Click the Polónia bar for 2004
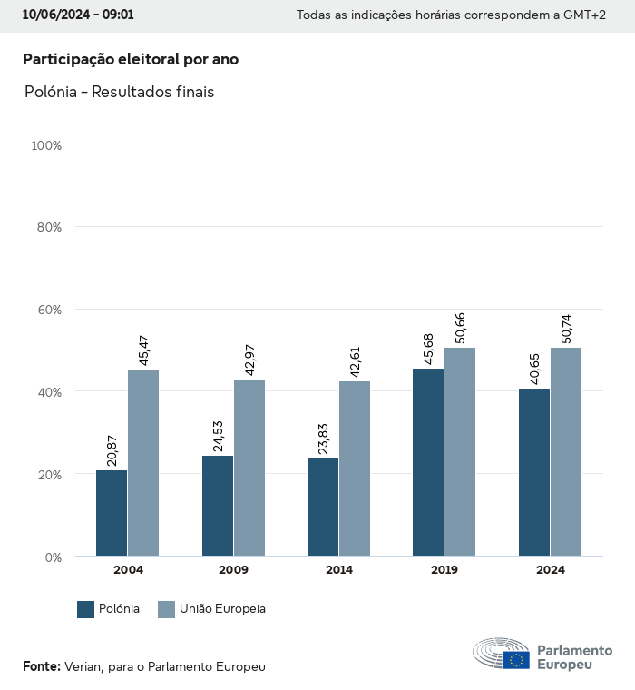coord(112,513)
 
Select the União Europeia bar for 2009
coord(249,468)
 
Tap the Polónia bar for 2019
coord(428,462)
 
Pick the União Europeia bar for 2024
coord(566,451)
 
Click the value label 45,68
coord(429,347)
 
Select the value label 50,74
coord(567,326)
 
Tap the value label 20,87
coord(112,449)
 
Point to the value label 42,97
coord(250,358)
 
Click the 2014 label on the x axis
coord(339,570)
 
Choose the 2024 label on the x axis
coord(551,570)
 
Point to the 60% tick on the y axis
coord(47,310)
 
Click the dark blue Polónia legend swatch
coord(86,609)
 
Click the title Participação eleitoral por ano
coord(131,60)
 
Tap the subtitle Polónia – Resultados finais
coord(119,93)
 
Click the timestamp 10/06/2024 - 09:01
coord(78,15)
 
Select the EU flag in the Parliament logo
coord(517,660)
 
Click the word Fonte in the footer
coord(41,666)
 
